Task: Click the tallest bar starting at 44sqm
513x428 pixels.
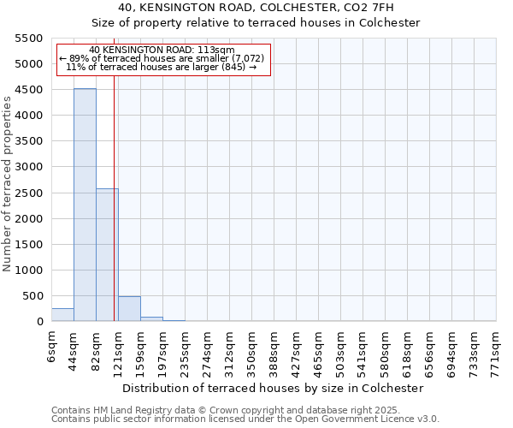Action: pos(85,205)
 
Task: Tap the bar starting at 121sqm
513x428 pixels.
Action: pos(129,309)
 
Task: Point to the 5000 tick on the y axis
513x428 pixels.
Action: pos(28,64)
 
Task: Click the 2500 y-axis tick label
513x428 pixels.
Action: pos(28,193)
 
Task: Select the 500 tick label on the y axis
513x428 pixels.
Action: pos(32,296)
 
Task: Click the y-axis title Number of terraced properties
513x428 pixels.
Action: pos(8,184)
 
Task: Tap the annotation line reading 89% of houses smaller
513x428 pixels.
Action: pos(162,58)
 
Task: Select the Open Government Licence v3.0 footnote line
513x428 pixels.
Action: pos(245,419)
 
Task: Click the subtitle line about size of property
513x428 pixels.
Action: pos(256,23)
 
